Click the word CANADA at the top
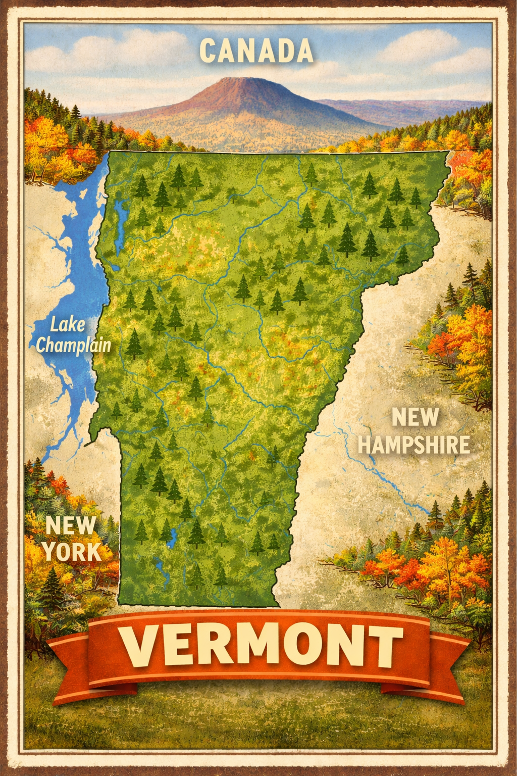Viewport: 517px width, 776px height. tap(256, 51)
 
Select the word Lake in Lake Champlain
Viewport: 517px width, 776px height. tap(67, 325)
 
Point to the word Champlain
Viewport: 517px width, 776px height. tap(74, 346)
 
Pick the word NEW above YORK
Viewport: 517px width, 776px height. tap(70, 526)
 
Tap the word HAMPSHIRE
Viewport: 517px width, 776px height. tap(414, 445)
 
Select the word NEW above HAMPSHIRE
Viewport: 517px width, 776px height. tap(415, 418)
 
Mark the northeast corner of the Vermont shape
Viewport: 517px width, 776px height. tap(448, 152)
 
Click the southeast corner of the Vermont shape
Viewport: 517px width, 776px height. tap(279, 606)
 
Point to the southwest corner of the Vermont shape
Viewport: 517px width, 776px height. tap(120, 602)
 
